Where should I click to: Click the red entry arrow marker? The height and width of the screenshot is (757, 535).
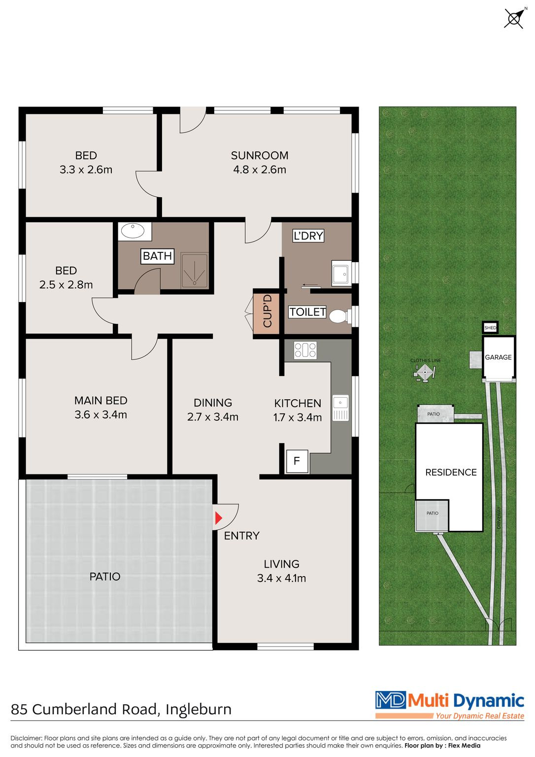click(219, 518)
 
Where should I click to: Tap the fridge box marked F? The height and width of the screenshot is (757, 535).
click(297, 461)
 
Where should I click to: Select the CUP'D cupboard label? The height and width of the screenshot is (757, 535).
click(267, 310)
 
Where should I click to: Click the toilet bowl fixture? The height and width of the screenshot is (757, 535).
click(338, 317)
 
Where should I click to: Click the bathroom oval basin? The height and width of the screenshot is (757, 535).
click(133, 231)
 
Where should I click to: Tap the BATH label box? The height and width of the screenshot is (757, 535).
click(157, 256)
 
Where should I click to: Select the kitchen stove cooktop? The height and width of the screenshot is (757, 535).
click(305, 350)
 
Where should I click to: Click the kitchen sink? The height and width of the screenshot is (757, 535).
click(340, 408)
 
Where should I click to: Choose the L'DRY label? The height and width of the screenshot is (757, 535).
click(308, 236)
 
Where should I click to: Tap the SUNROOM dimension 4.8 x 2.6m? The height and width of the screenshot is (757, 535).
click(260, 170)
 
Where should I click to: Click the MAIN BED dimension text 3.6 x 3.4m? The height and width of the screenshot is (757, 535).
click(100, 414)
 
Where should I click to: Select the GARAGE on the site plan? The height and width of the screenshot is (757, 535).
click(498, 357)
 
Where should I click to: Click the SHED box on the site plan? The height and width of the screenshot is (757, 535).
click(490, 327)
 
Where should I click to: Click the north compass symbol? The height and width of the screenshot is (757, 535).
click(514, 18)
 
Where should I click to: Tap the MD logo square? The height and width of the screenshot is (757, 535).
click(391, 700)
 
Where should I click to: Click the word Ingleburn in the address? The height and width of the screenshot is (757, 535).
click(198, 709)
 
